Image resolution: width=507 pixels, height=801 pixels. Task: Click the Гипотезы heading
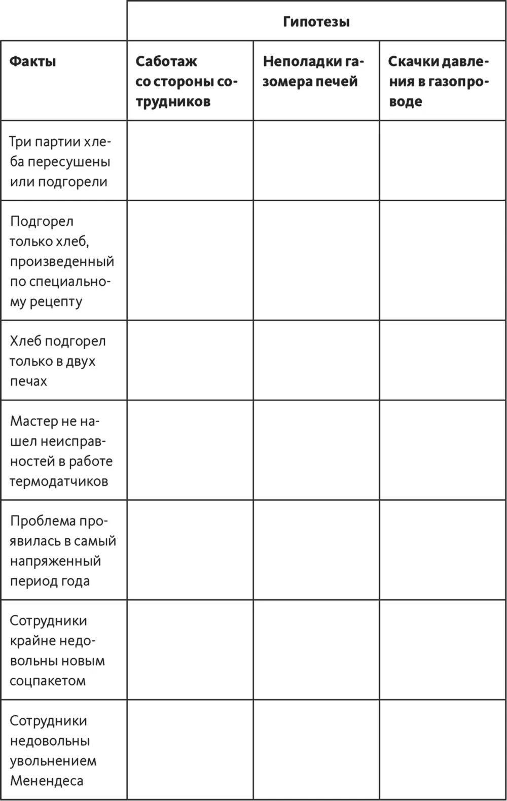click(x=316, y=22)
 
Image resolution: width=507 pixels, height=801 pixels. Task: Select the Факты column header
click(x=33, y=62)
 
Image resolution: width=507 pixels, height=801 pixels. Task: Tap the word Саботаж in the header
click(x=166, y=62)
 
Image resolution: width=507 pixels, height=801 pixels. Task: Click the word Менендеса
click(x=47, y=781)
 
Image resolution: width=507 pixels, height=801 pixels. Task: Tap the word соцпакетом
click(x=48, y=681)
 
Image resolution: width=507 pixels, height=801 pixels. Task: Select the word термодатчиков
click(x=59, y=481)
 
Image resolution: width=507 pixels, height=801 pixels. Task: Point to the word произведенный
click(x=62, y=262)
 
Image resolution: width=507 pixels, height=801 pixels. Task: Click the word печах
click(x=28, y=381)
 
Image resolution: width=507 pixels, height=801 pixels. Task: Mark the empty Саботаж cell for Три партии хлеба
click(x=190, y=160)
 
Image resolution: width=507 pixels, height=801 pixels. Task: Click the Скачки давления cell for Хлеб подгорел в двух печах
click(x=442, y=360)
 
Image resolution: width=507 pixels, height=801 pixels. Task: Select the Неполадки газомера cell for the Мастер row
click(x=316, y=450)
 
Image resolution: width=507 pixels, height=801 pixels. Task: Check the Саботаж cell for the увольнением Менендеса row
click(x=190, y=750)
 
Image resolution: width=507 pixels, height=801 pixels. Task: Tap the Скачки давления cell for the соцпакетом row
click(x=442, y=650)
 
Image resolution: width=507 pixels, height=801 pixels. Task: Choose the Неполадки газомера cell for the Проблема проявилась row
click(x=316, y=550)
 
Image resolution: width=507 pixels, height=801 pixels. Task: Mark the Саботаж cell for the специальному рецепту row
click(x=190, y=260)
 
